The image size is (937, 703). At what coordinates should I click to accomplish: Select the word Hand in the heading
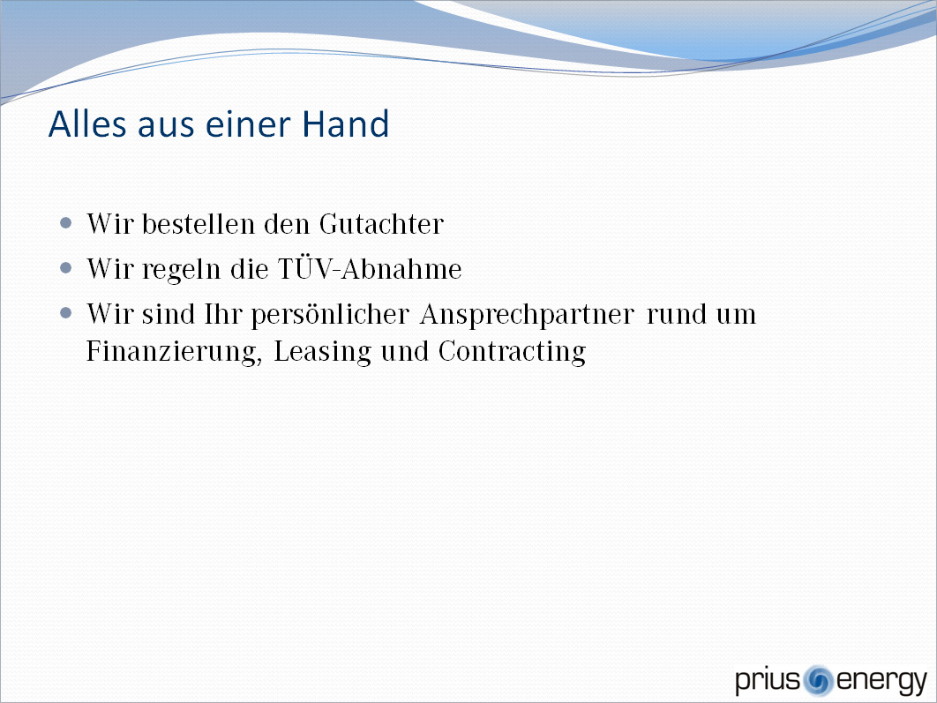[345, 123]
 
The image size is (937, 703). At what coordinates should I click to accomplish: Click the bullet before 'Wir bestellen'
[66, 223]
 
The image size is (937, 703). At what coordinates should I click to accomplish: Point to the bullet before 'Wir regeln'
[66, 268]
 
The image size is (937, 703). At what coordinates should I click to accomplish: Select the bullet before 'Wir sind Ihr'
[66, 313]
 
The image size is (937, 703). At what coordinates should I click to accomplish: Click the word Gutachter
[381, 224]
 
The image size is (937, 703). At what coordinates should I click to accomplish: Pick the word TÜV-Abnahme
[370, 269]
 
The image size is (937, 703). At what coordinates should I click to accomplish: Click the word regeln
[181, 270]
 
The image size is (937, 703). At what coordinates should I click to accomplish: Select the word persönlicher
[330, 315]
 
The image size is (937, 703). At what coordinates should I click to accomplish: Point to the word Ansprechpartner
[527, 315]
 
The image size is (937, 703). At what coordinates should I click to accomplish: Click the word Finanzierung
[174, 352]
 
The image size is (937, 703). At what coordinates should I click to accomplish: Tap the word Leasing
[323, 352]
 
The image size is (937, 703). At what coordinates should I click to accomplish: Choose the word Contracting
[512, 352]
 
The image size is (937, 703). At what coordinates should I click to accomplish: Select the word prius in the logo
[768, 681]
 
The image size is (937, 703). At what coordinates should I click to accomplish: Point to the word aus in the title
[166, 126]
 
